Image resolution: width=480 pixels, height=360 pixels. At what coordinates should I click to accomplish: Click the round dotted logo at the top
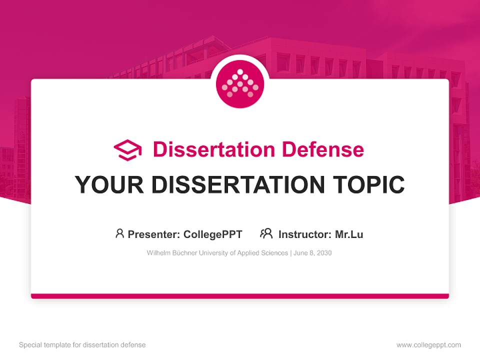tap(240, 84)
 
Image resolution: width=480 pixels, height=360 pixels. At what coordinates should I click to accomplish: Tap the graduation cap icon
tap(127, 150)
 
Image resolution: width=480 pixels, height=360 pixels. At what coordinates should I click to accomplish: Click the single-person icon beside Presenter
tap(119, 233)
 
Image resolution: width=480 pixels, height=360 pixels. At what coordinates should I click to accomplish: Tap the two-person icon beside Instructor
tap(266, 233)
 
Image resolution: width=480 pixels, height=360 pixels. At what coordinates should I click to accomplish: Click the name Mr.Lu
tap(349, 234)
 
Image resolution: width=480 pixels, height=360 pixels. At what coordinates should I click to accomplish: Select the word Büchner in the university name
tap(185, 253)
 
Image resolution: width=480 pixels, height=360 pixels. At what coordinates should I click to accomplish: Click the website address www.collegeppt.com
tap(428, 345)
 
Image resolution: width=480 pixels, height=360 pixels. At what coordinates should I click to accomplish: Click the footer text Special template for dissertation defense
tap(82, 345)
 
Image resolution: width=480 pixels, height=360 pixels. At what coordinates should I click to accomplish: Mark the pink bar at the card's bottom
tap(240, 296)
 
